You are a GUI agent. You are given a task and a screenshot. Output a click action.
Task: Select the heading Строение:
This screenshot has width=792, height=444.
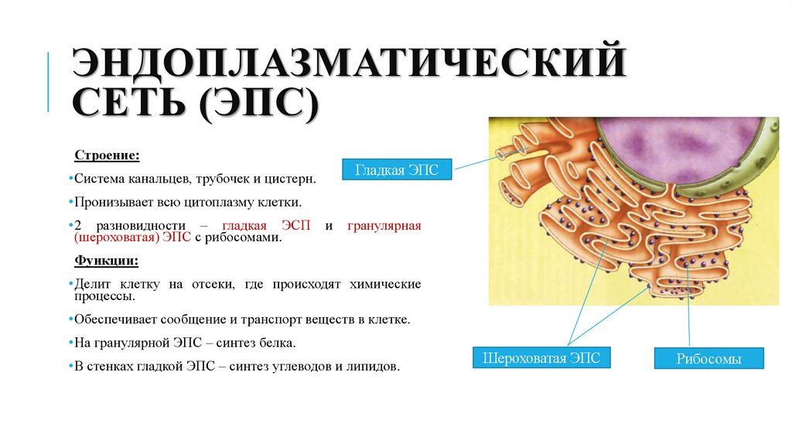(107, 155)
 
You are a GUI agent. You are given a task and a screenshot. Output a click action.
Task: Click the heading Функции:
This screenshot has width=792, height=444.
(107, 260)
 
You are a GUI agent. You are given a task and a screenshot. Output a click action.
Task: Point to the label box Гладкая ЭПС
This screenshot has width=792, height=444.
(397, 169)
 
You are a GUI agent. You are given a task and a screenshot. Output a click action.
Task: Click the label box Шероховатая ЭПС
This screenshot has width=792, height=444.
(541, 357)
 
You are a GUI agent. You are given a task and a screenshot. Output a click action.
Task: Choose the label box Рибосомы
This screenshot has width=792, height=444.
(708, 359)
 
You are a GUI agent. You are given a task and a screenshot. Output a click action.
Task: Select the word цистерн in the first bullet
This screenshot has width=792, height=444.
(292, 179)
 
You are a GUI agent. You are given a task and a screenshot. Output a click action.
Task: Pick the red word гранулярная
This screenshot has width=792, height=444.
(384, 226)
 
